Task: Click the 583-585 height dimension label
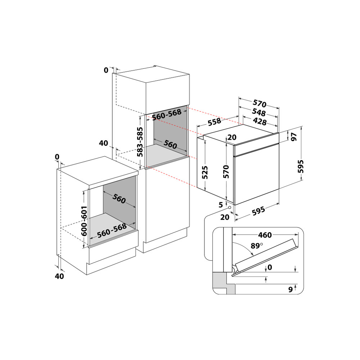tap(140, 141)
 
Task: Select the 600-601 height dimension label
tap(84, 221)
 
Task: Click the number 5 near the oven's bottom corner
tap(221, 204)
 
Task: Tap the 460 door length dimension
tap(265, 235)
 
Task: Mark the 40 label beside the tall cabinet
tap(103, 143)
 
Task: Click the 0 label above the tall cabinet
tap(106, 70)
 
